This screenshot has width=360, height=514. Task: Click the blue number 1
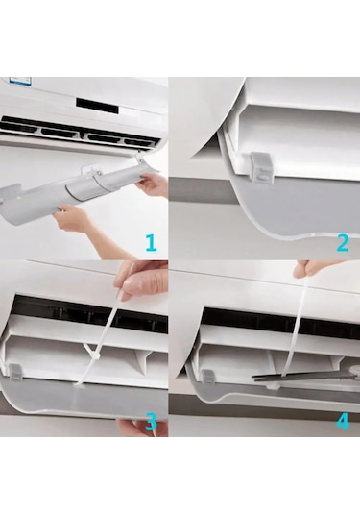[x=151, y=243]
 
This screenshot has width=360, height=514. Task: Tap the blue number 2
[x=343, y=243]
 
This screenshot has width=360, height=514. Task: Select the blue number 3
[x=151, y=422]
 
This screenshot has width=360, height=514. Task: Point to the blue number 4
[x=343, y=422]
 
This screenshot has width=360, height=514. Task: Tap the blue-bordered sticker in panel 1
[x=21, y=81]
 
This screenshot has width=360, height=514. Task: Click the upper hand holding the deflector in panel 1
[x=152, y=184]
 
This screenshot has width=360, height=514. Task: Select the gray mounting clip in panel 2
[x=263, y=168]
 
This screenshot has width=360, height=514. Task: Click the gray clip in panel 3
[x=15, y=374]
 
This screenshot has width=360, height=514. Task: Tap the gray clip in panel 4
[x=207, y=377]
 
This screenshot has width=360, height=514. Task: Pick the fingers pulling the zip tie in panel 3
[x=136, y=281]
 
